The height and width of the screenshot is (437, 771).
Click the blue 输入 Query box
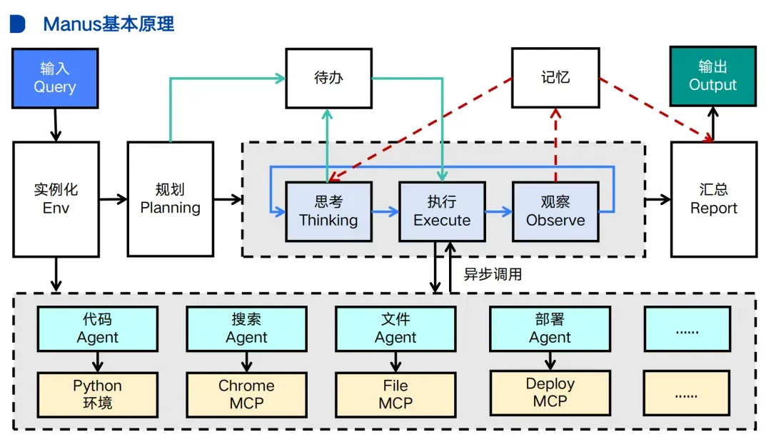[54, 78]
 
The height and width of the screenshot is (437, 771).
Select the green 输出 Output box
[712, 76]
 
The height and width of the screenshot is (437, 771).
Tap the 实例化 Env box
[56, 199]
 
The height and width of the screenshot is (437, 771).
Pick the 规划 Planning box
[170, 199]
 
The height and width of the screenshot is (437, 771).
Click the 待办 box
[328, 78]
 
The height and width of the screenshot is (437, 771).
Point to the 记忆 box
[555, 77]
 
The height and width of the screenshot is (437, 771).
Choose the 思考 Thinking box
[328, 211]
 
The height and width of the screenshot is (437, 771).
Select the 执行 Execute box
[442, 211]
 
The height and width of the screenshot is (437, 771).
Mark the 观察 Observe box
[555, 211]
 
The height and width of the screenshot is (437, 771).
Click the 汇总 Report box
[713, 199]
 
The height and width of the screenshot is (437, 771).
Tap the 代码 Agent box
[97, 328]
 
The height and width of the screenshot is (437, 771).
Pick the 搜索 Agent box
[246, 328]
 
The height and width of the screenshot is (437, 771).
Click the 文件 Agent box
[395, 328]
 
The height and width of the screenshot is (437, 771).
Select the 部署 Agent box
[550, 328]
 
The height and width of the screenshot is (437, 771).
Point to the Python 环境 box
[97, 394]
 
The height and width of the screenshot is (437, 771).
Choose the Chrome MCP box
[246, 394]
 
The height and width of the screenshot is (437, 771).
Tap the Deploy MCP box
[550, 393]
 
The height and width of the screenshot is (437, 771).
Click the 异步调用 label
[493, 274]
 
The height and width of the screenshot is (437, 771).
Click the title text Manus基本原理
[109, 24]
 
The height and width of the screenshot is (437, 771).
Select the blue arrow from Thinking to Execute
[385, 211]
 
